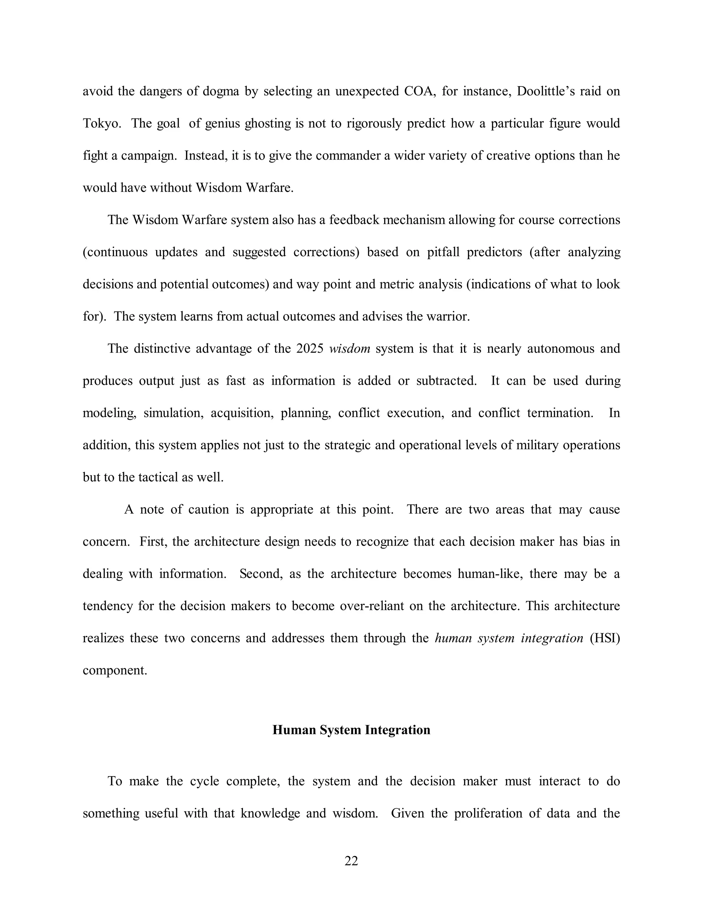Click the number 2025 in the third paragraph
pyautogui.click(x=310, y=348)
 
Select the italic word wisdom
pyautogui.click(x=349, y=348)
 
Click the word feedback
pyautogui.click(x=354, y=219)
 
